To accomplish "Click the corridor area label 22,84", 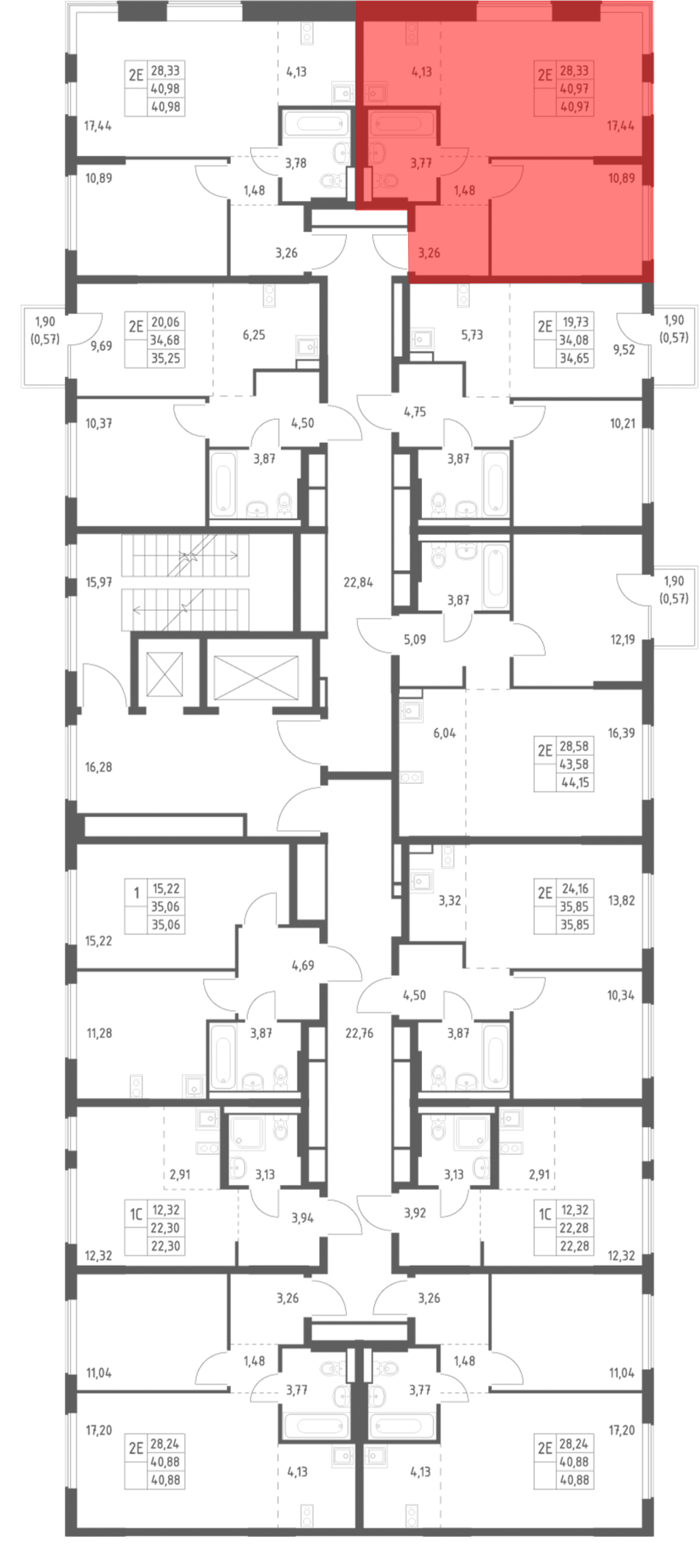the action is [358, 582].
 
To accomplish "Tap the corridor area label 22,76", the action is [359, 1033].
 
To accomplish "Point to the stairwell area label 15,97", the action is [99, 582].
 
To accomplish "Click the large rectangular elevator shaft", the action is [256, 677].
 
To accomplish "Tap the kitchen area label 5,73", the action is [472, 335].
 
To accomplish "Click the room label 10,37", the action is [99, 423].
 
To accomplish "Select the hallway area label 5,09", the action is [415, 640].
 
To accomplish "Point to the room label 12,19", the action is [623, 640].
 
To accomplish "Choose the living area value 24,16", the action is [575, 888].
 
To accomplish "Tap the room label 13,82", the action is [621, 900].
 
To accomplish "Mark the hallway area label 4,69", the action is [303, 965].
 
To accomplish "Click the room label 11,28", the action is [99, 1033].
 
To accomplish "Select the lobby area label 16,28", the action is [99, 767].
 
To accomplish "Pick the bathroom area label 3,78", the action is [296, 163].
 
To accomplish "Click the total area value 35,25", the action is [165, 358].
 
